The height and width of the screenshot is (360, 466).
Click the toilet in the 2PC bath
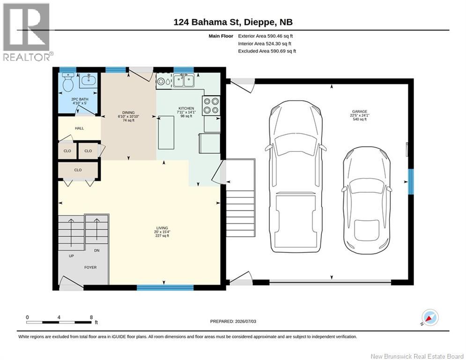(x=68, y=82)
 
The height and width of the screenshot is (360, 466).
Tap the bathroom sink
(x=88, y=80)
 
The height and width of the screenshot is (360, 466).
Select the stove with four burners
(x=211, y=105)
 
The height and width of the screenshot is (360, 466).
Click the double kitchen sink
(x=184, y=81)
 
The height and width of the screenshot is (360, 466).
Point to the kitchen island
(x=166, y=133)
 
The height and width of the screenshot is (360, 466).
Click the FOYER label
(x=90, y=268)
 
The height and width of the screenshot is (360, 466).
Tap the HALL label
(x=79, y=128)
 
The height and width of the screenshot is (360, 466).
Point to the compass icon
(x=430, y=317)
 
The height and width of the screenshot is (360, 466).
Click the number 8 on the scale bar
(x=91, y=317)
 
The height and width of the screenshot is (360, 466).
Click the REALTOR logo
(x=27, y=32)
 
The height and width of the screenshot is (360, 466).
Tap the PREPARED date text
(x=233, y=321)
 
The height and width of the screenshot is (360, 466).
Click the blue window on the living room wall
(x=165, y=287)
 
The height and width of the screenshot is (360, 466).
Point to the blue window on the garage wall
(x=411, y=181)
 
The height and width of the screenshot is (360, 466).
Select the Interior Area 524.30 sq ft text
(x=265, y=44)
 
